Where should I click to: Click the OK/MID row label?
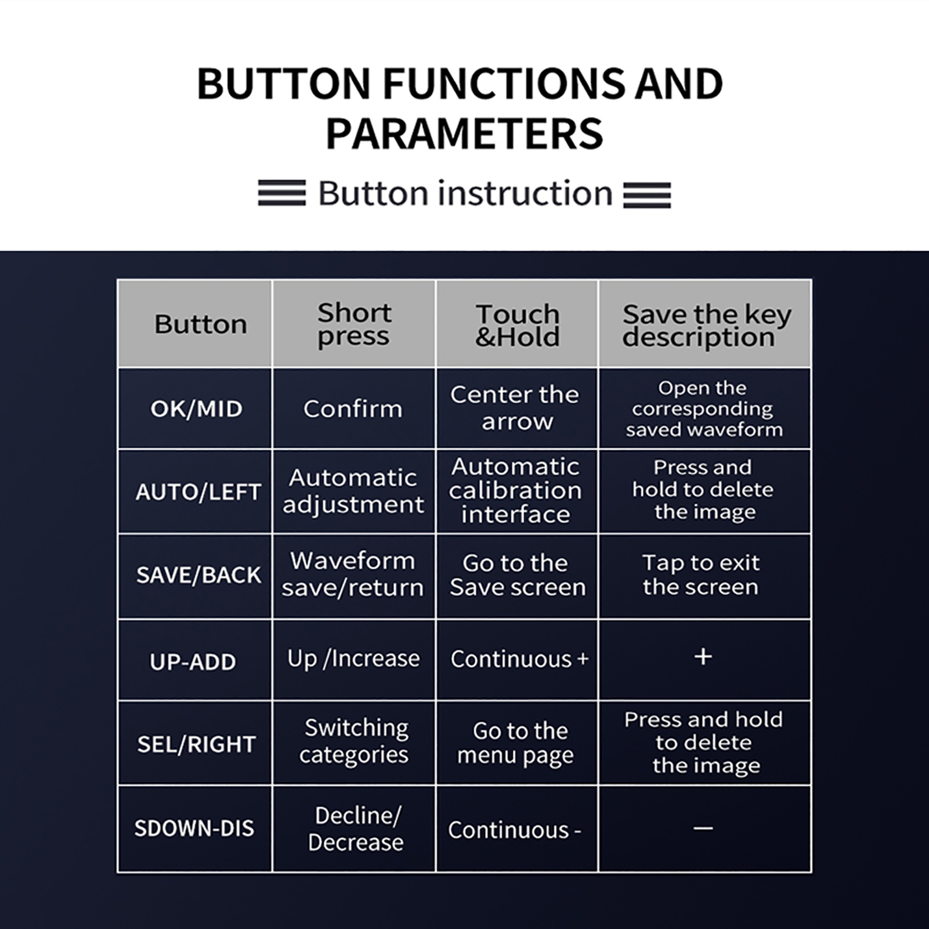[x=196, y=409]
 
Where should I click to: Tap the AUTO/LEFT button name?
[x=198, y=492]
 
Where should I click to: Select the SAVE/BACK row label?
[x=198, y=575]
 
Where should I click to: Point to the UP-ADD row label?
[x=193, y=661]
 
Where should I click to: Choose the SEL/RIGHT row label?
[x=196, y=744]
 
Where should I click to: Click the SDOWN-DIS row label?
[x=194, y=828]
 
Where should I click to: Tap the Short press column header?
[x=354, y=325]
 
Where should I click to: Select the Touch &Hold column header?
[x=518, y=326]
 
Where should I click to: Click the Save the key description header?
[x=706, y=326]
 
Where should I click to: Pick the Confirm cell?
[x=353, y=409]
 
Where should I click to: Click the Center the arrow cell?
[x=515, y=408]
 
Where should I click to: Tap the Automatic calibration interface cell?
[x=515, y=491]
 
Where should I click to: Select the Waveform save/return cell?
[x=353, y=574]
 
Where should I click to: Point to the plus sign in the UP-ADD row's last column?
[x=703, y=657]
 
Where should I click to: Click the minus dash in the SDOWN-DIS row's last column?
[x=703, y=828]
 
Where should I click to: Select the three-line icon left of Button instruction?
[x=282, y=193]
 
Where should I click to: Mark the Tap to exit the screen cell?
[x=701, y=575]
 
